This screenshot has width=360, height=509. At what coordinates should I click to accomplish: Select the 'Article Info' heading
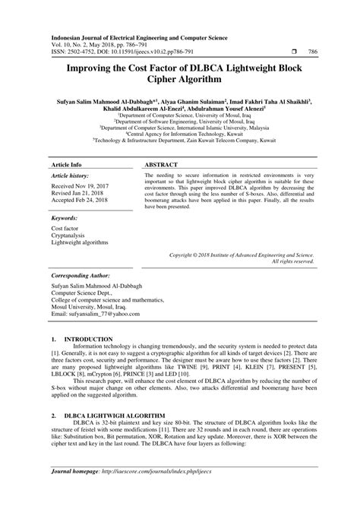click(x=66, y=144)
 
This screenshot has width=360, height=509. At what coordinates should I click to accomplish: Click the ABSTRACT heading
click(x=160, y=144)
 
